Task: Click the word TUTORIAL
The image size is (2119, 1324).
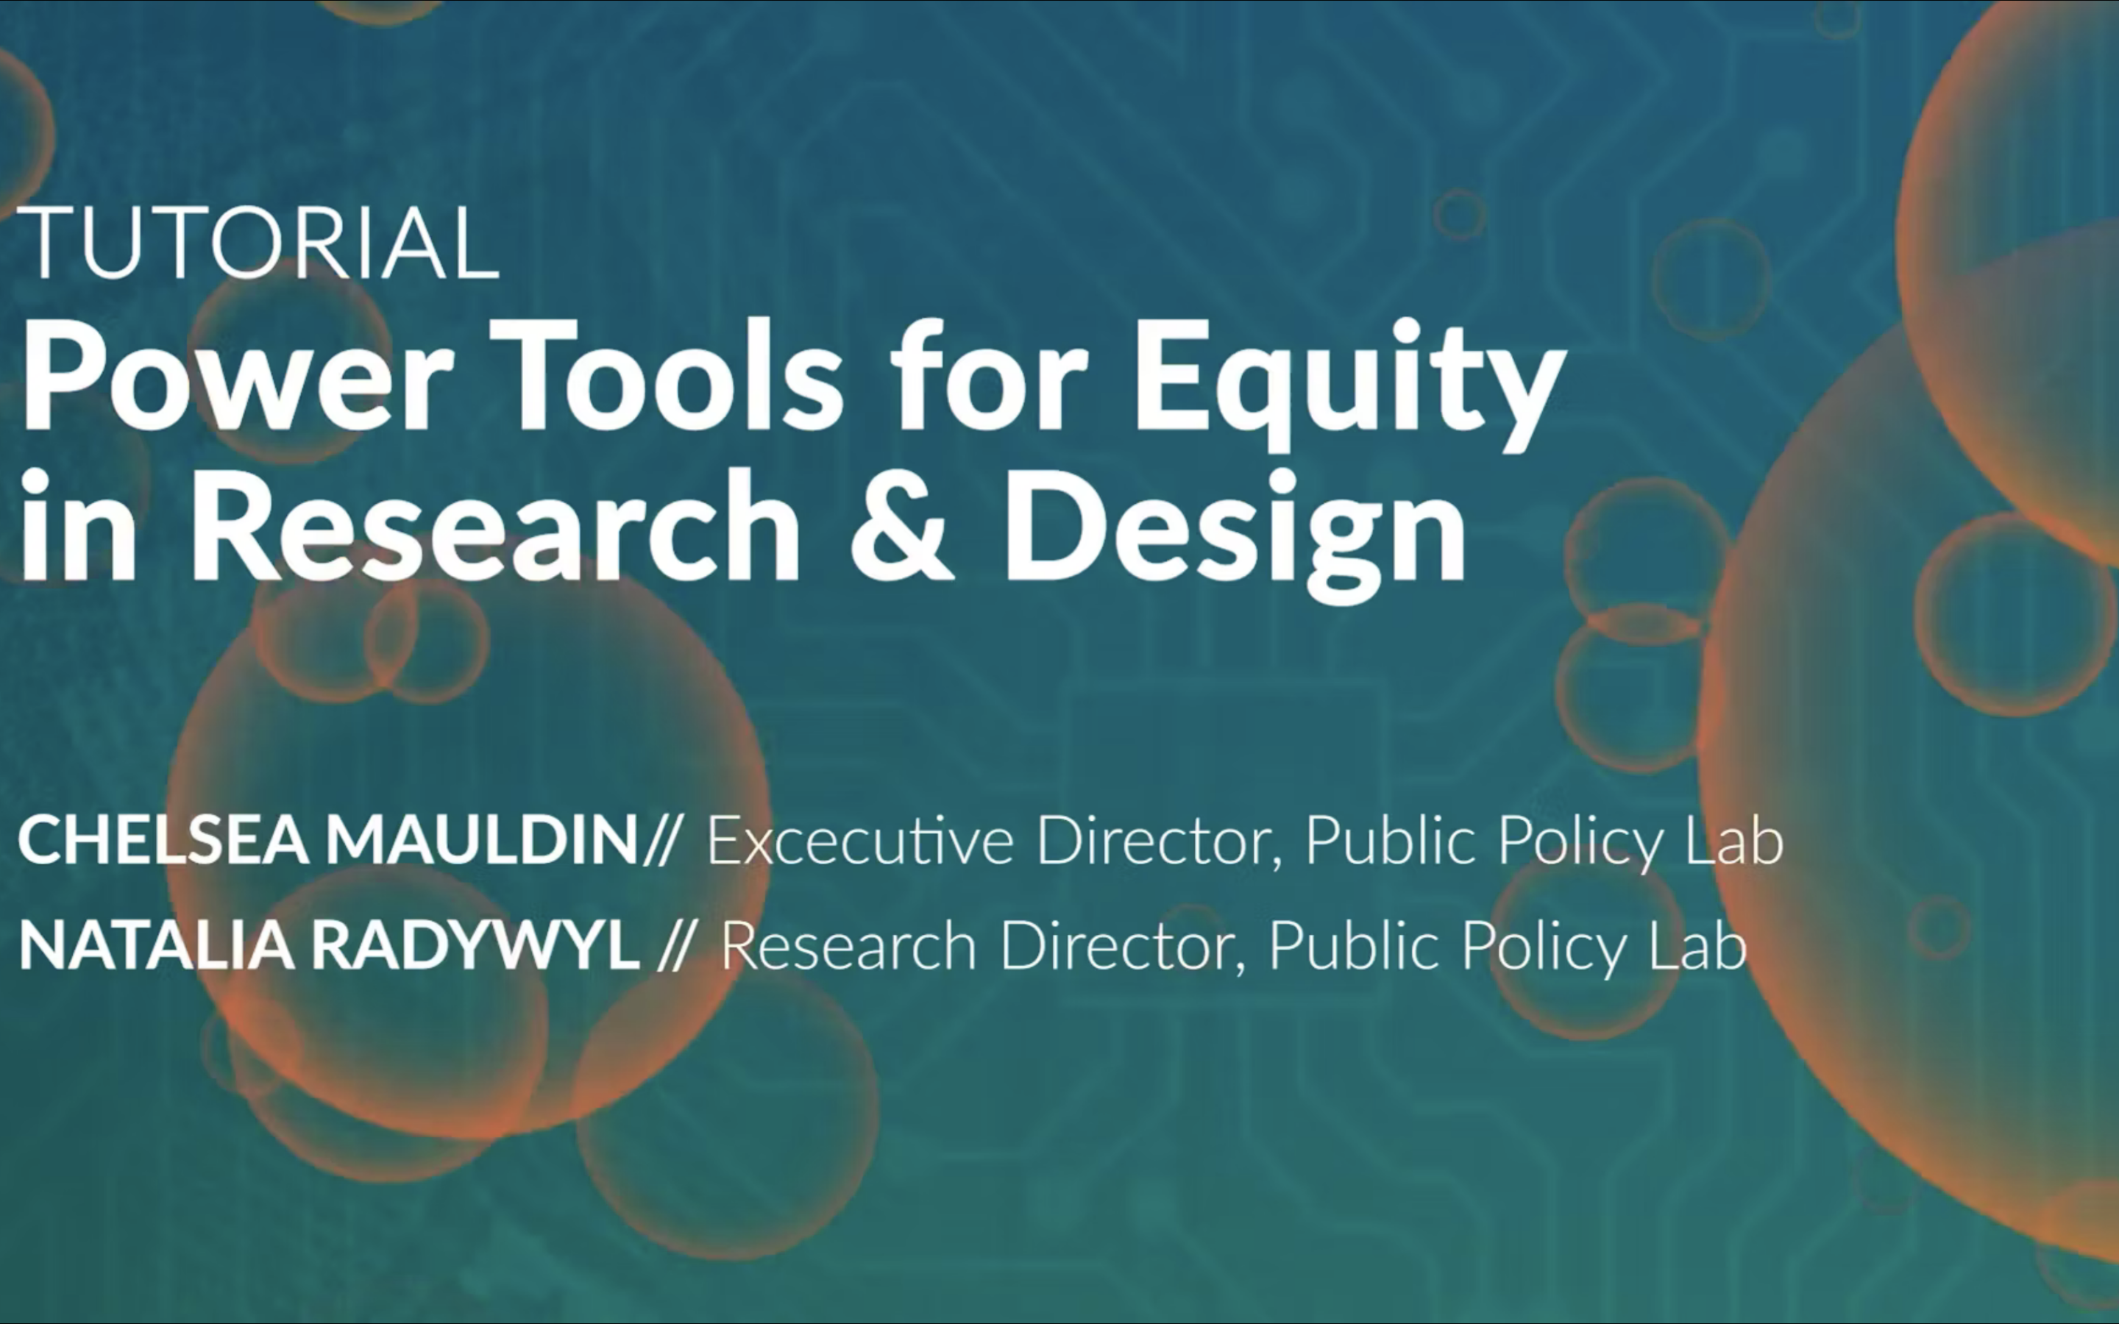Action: (x=258, y=243)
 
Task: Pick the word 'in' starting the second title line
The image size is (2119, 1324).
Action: (x=79, y=525)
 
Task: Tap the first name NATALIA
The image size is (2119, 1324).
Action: (x=157, y=946)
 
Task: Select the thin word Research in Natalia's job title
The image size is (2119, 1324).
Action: (x=848, y=947)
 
